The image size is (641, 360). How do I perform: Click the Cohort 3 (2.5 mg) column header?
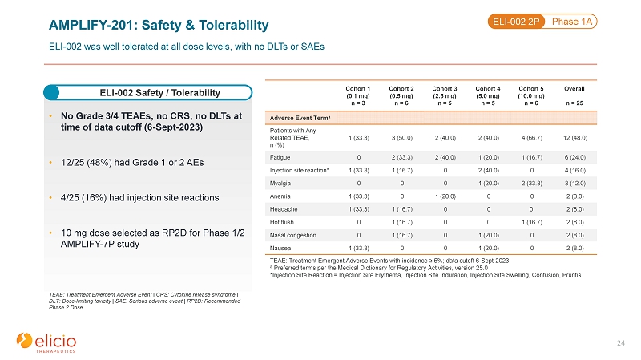(445, 95)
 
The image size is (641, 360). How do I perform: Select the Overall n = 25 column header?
(574, 95)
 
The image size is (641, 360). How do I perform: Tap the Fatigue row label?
(280, 157)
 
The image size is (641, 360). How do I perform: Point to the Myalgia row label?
(280, 184)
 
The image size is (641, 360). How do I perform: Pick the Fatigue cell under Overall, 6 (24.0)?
(575, 157)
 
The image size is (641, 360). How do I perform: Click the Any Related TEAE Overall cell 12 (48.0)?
(575, 138)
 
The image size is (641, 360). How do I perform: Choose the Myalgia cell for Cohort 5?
(532, 184)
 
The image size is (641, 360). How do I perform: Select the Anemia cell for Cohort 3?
(445, 196)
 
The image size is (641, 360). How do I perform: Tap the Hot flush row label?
(282, 222)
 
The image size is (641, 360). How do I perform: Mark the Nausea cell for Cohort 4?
(489, 249)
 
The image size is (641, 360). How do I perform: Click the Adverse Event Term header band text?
(300, 118)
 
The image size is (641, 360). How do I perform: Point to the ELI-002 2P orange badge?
(516, 22)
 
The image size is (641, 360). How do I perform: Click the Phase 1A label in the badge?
(572, 22)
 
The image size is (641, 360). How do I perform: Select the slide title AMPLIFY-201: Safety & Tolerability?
(159, 25)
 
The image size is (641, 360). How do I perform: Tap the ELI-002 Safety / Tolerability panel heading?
(159, 93)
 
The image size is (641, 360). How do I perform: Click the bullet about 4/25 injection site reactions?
(139, 197)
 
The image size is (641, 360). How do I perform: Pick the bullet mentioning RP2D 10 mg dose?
(152, 238)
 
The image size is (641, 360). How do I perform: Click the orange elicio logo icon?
(24, 341)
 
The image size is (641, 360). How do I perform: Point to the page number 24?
(620, 343)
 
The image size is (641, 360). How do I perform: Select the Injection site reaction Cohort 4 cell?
(489, 170)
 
